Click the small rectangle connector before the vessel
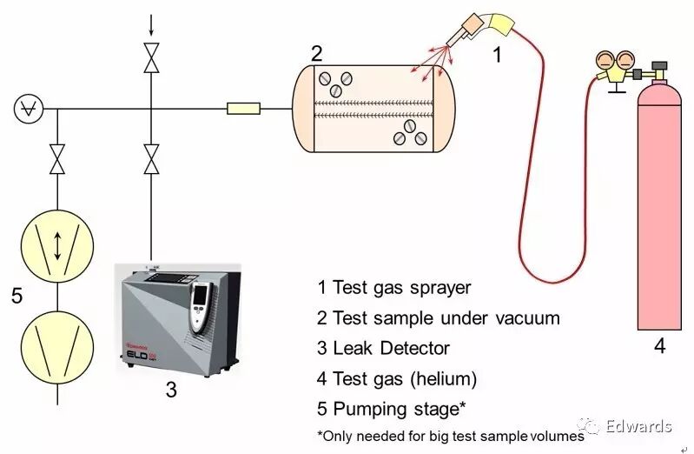(241, 110)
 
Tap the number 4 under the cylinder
(659, 346)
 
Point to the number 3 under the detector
(171, 391)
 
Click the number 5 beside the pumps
(17, 296)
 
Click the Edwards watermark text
(638, 426)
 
